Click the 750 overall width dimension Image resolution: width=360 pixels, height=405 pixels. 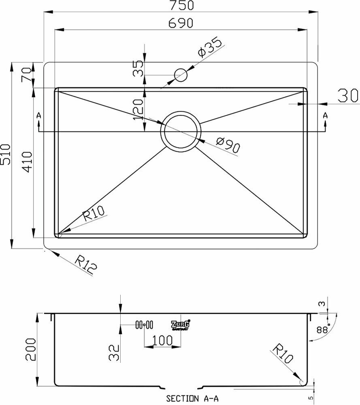(181, 6)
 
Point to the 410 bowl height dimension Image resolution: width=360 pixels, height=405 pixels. (26, 162)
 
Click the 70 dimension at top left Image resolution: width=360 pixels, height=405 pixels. (26, 75)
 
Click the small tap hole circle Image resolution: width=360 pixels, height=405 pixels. (181, 75)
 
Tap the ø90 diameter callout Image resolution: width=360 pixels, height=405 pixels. (228, 145)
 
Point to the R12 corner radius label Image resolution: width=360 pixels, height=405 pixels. (87, 265)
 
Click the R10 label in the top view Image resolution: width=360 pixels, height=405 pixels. (94, 213)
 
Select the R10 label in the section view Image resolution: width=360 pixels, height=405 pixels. (282, 354)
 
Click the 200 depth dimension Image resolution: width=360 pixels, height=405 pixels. (32, 351)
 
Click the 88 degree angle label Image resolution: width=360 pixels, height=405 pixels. (322, 330)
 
